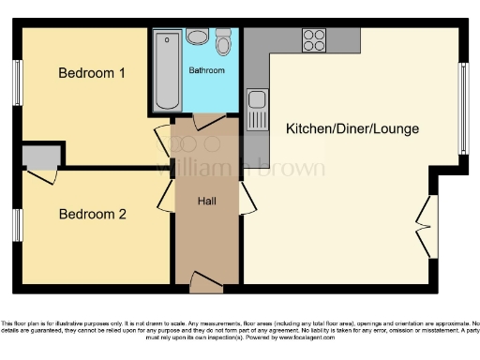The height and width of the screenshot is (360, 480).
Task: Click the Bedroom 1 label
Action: tap(92, 73)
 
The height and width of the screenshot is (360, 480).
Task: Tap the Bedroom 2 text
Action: tap(92, 214)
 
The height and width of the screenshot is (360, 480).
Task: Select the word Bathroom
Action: tap(206, 70)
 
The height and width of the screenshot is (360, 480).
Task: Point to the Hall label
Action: tap(207, 201)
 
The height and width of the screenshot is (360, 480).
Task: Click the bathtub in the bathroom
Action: tap(169, 70)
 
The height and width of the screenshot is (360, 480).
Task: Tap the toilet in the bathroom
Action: tap(224, 42)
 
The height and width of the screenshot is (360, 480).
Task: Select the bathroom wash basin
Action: tap(198, 37)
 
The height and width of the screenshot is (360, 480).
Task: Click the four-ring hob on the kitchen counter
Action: tap(313, 40)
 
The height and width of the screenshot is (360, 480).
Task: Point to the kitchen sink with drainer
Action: tap(256, 111)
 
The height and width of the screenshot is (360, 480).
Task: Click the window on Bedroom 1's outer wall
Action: tap(17, 85)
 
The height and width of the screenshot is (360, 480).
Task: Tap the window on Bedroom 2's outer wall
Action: tap(17, 226)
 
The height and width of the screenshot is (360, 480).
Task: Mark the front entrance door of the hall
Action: tap(206, 278)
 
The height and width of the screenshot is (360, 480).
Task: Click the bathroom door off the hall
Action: tap(206, 122)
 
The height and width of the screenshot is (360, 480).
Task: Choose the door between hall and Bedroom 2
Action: tap(164, 194)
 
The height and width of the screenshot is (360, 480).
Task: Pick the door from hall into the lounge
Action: tap(247, 199)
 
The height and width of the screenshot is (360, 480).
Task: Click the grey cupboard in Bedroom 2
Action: tap(38, 156)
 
